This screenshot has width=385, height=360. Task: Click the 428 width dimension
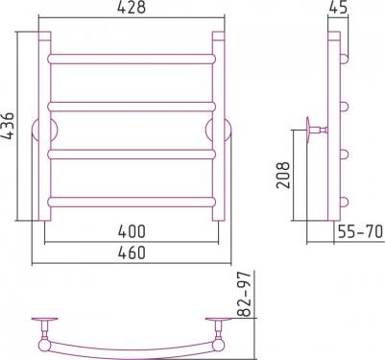tap(132, 8)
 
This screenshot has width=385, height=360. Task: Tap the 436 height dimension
tap(7, 126)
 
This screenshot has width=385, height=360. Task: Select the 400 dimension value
tap(132, 231)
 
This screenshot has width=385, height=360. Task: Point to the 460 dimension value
tap(132, 252)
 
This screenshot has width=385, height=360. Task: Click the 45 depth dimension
tap(338, 8)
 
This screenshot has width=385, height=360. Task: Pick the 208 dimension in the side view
tap(283, 175)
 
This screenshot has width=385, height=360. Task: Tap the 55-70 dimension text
tap(360, 231)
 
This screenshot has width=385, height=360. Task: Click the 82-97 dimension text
tap(245, 295)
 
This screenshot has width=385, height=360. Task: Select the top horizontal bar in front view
tap(132, 60)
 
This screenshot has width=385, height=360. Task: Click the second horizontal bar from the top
tap(132, 107)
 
